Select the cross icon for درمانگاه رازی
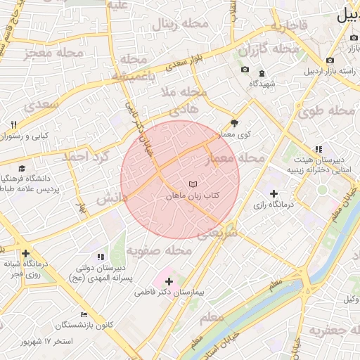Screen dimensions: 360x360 coord(274,193)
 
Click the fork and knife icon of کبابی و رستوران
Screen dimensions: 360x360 coord(13,124)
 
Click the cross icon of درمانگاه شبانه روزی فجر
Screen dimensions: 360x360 coord(25,253)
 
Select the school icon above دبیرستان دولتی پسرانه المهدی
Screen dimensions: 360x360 coord(100,257)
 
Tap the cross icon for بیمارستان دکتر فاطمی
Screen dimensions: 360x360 coord(169,281)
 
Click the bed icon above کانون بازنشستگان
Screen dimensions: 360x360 coord(84,314)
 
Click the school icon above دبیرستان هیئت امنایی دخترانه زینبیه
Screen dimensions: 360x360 coord(318,149)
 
